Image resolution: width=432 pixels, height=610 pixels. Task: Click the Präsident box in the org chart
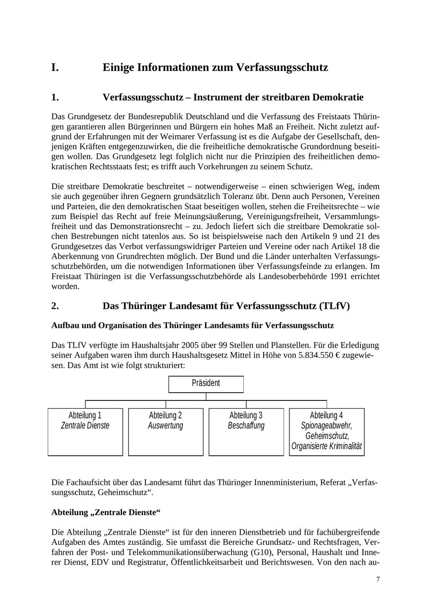point(206,384)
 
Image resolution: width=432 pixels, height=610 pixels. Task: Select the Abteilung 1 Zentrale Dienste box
point(85,431)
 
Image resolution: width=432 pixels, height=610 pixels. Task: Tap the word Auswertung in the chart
point(166,426)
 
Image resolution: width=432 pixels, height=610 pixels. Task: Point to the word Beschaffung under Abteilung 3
point(246,426)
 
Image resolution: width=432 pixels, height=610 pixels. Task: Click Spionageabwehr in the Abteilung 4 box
point(326,426)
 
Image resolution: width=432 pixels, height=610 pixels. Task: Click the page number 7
point(378,580)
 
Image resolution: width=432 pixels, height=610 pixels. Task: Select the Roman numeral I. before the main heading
point(55,68)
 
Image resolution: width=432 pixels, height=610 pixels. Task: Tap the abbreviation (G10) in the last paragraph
point(262,552)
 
